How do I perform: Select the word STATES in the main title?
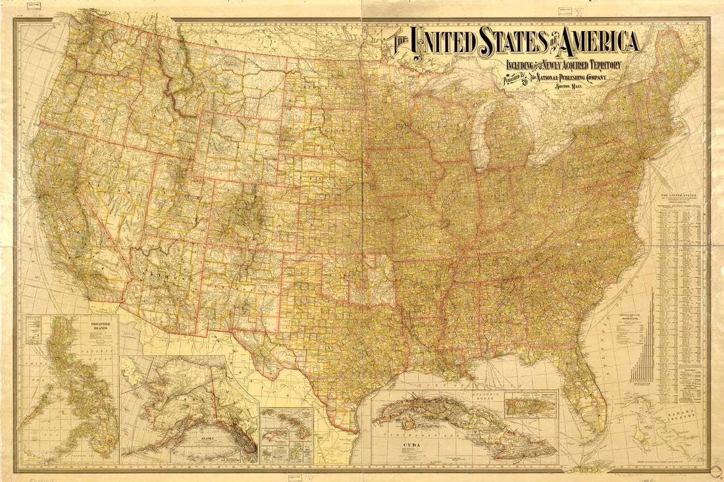coord(517,41)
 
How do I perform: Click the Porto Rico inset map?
coord(530,405)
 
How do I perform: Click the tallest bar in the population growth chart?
coord(652,336)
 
